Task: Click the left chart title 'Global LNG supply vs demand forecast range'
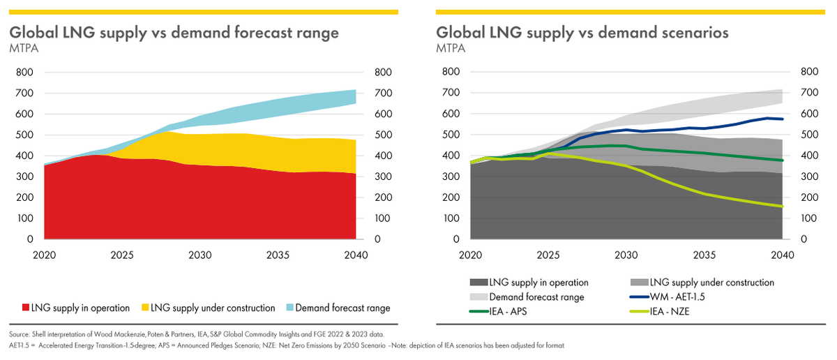tap(174, 33)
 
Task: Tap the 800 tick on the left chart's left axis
tap(24, 72)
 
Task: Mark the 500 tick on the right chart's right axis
tap(804, 135)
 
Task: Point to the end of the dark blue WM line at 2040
tap(782, 119)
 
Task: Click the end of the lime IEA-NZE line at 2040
tap(782, 207)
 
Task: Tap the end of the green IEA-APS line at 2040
tap(782, 160)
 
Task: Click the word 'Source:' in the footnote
tap(20, 335)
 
